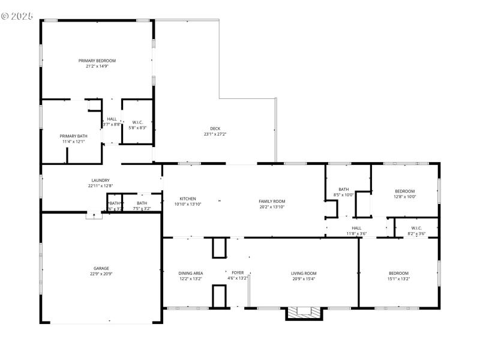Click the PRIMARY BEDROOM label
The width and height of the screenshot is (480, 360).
coord(97,61)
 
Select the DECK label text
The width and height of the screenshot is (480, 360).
coord(215,128)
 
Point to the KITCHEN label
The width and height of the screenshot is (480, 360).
coord(188,199)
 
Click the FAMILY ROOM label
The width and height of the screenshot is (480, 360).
coord(271,201)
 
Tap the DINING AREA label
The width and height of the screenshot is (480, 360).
coord(191,273)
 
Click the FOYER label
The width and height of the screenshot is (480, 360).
coord(238,273)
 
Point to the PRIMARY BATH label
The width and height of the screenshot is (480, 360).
coord(73,136)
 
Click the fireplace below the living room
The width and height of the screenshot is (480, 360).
coord(304,313)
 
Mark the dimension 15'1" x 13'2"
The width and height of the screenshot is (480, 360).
coord(398,279)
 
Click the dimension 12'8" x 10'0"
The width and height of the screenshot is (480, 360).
coord(404,197)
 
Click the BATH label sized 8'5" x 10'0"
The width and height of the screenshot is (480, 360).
coord(344,189)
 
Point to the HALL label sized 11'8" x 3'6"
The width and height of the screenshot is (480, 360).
coord(356,228)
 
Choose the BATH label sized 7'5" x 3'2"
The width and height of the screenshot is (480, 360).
coord(142,203)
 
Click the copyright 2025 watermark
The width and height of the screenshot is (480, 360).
coord(17,15)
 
